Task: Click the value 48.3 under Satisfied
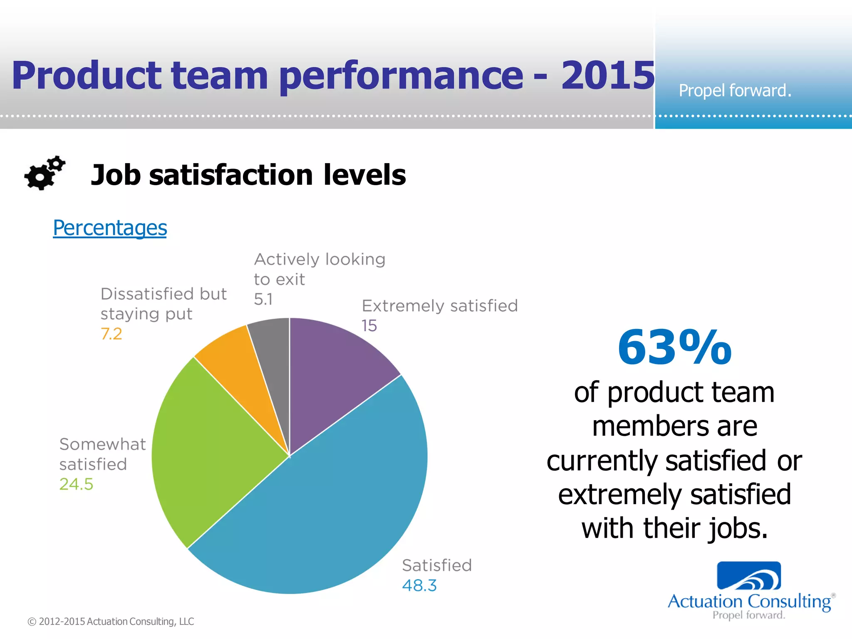[x=419, y=586]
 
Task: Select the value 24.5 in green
[x=76, y=484]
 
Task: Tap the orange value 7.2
[x=111, y=334]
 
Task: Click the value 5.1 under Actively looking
[x=263, y=300]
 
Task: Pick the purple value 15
[x=369, y=326]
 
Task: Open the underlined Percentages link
[x=110, y=228]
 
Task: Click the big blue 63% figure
[x=674, y=347]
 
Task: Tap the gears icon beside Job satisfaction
[x=44, y=173]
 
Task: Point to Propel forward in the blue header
[x=735, y=91]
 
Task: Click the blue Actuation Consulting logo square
[x=749, y=576]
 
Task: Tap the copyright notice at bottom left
[x=111, y=622]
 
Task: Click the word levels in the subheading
[x=364, y=175]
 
